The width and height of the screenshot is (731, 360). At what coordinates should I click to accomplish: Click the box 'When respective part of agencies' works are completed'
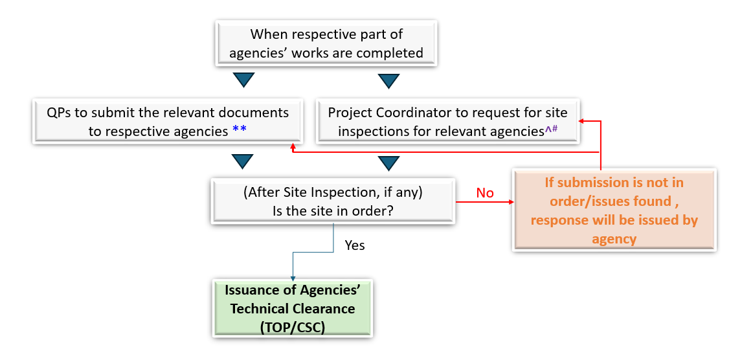click(x=326, y=43)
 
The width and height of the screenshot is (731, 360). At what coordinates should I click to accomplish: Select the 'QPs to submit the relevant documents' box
click(x=168, y=121)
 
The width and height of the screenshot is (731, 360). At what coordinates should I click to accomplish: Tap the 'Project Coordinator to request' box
click(x=446, y=121)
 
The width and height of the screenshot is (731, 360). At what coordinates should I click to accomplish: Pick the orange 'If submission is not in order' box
click(x=614, y=210)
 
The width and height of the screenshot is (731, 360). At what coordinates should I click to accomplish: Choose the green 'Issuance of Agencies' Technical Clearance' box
click(x=293, y=309)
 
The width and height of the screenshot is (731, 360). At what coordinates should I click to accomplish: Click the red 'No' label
click(x=485, y=193)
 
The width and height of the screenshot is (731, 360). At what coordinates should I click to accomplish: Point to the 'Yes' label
click(x=355, y=245)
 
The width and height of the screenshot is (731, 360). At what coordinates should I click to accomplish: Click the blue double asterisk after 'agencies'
click(x=239, y=130)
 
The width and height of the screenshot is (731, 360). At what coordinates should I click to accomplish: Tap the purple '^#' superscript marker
click(x=551, y=129)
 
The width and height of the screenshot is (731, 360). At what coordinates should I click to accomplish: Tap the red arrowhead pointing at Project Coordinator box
click(x=582, y=120)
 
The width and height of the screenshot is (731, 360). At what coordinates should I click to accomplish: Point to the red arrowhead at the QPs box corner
click(x=295, y=148)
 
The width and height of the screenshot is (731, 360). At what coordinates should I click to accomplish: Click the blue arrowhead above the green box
click(x=293, y=278)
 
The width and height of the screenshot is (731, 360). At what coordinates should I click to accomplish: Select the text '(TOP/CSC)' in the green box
click(x=293, y=327)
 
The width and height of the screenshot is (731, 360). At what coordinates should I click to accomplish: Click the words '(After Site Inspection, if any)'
click(x=333, y=193)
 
